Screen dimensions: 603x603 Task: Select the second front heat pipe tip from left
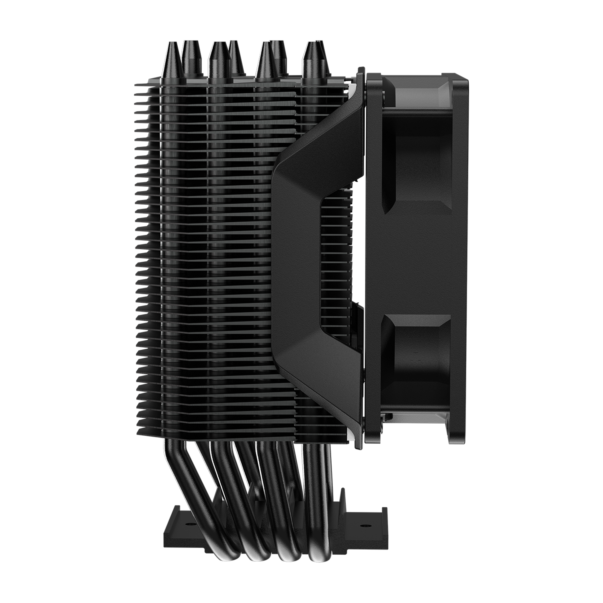218,62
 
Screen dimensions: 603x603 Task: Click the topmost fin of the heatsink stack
241,86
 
